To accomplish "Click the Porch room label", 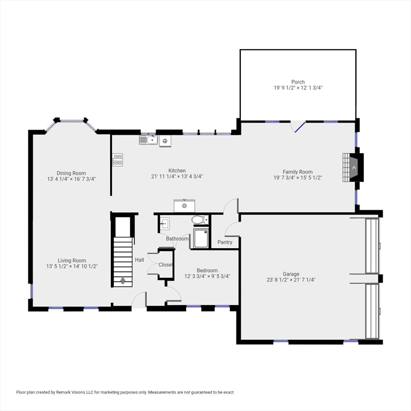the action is pos(298,82).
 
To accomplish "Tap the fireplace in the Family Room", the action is pos(353,167).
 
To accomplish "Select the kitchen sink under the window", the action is pos(148,140).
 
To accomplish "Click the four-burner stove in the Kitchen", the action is pos(117,159).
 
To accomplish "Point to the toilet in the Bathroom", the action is pos(200,219).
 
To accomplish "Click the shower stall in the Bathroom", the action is pos(201,238).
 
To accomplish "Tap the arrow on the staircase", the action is pos(123,280).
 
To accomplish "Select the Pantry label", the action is pos(225,242).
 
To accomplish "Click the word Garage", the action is pos(291,274).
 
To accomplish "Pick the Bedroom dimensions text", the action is pos(207,276).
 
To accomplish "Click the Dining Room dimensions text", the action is pos(71,179).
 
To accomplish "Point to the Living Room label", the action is pos(72,261).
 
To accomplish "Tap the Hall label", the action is pos(140,260).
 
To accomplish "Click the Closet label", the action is pos(166,265).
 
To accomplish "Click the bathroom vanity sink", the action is pos(165,224).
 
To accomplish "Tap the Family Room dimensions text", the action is pos(298,178).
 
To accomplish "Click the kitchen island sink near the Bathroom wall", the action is pos(185,205).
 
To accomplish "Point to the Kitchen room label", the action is pos(177,171).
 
